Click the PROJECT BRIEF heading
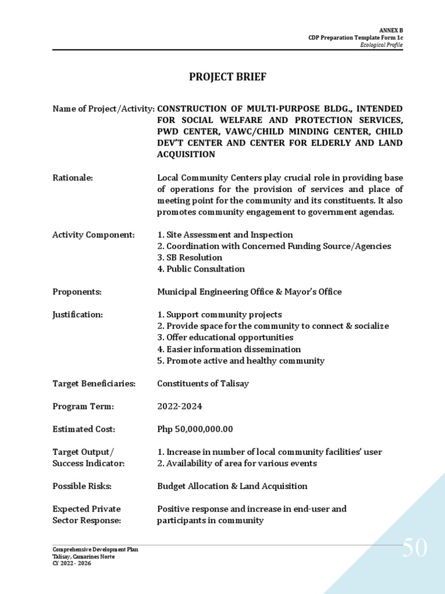(x=228, y=77)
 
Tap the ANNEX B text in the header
(x=391, y=29)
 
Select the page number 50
(x=414, y=548)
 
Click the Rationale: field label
(x=72, y=178)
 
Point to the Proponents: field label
(x=77, y=292)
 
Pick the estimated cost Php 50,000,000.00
(x=195, y=429)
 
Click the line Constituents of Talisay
(x=203, y=383)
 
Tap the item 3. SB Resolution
(x=189, y=258)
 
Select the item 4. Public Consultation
(x=200, y=269)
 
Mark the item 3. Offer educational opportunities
(x=225, y=338)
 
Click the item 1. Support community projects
(x=220, y=315)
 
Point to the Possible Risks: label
(x=82, y=486)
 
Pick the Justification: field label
(x=78, y=315)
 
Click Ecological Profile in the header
(x=381, y=45)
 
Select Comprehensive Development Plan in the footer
(x=95, y=549)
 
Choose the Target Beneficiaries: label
(x=94, y=383)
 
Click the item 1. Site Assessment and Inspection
(x=225, y=235)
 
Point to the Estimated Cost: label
(x=84, y=429)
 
